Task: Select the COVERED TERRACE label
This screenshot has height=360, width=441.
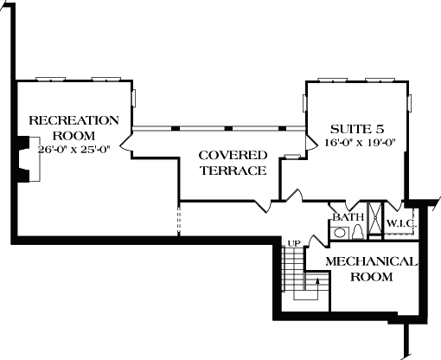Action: tap(233, 163)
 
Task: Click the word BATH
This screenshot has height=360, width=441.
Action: tap(348, 216)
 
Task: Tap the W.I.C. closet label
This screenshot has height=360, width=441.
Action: tap(401, 224)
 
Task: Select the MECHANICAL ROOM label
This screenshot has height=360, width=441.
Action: tap(371, 269)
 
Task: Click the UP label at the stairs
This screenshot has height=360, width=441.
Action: tap(294, 244)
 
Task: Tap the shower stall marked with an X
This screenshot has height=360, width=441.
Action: tap(375, 219)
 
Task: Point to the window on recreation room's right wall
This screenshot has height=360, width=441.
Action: tap(134, 98)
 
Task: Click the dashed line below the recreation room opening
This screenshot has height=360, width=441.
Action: tap(179, 221)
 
